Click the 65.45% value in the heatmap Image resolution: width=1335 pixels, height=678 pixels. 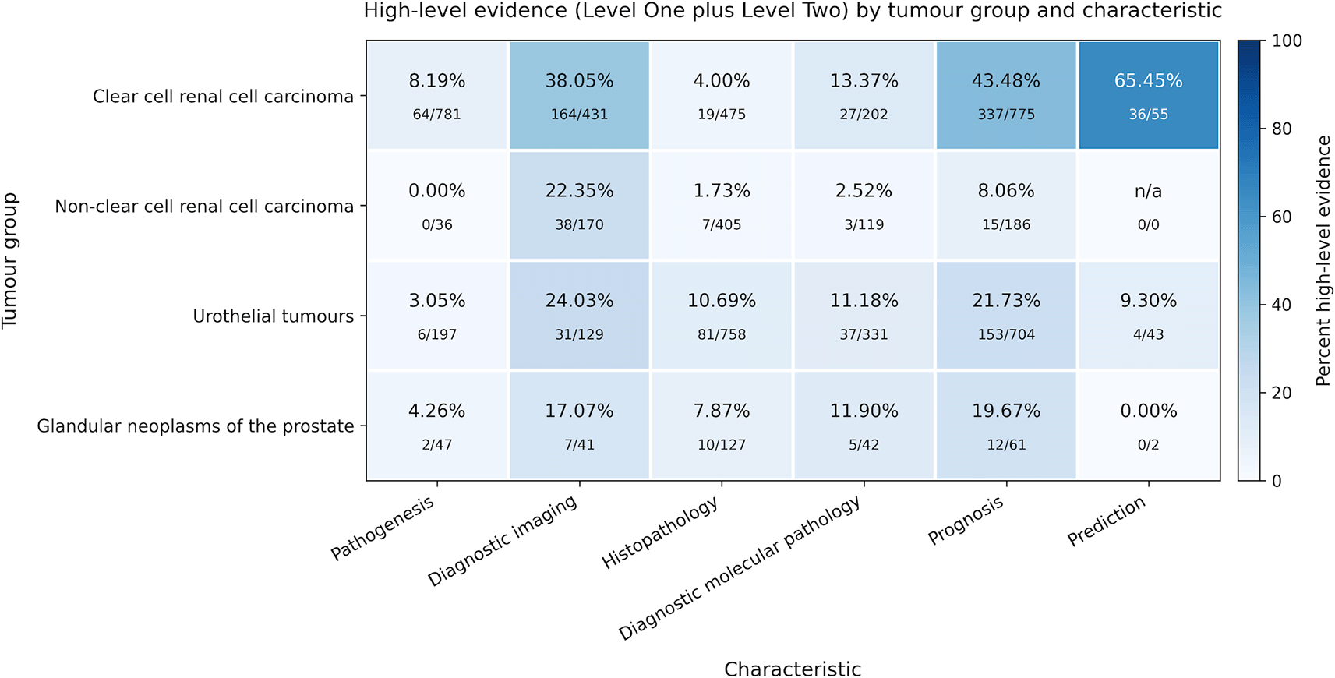(x=1149, y=81)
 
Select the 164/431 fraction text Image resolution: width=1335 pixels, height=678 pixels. (x=579, y=115)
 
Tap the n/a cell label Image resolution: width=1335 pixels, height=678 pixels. (x=1149, y=191)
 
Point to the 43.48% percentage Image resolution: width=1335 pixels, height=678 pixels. (x=1006, y=81)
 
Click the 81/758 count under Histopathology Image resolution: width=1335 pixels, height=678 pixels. (x=722, y=335)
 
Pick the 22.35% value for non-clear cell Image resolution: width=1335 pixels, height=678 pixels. (x=579, y=191)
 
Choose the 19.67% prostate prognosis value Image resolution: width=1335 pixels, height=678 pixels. (x=1006, y=411)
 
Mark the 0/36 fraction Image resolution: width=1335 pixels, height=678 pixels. (x=437, y=224)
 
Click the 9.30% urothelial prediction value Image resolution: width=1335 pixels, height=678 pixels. (x=1149, y=301)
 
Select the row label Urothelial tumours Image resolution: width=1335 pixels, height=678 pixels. (x=274, y=316)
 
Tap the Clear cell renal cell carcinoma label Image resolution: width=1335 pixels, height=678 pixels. (x=224, y=97)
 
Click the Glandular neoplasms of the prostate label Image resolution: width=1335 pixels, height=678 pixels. (x=196, y=426)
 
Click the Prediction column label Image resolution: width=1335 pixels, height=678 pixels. (x=1107, y=521)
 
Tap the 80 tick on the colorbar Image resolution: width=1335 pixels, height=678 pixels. (x=1282, y=129)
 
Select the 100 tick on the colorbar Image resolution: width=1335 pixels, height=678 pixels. (x=1287, y=41)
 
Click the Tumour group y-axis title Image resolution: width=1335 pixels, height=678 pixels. (x=10, y=260)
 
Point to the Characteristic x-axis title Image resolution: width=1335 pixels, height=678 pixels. (x=793, y=669)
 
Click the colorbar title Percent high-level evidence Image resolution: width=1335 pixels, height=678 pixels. (x=1323, y=260)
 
